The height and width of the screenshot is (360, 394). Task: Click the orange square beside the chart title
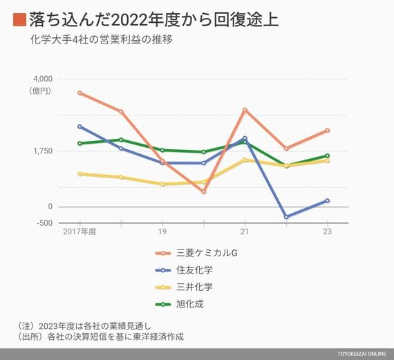click(x=19, y=19)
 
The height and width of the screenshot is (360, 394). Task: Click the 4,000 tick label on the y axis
click(x=43, y=79)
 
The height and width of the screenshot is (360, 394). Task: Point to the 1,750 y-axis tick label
click(x=43, y=151)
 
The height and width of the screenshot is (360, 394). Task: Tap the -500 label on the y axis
click(x=45, y=222)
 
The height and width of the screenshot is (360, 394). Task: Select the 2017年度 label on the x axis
click(x=79, y=231)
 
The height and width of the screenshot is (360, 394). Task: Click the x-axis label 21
click(x=245, y=231)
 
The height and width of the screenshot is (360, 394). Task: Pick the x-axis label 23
click(x=328, y=231)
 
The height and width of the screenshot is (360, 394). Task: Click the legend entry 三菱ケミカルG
click(x=196, y=253)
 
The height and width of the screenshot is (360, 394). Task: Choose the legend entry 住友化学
click(x=184, y=270)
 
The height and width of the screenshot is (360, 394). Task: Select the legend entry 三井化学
click(x=184, y=287)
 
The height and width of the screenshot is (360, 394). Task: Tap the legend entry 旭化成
click(x=180, y=304)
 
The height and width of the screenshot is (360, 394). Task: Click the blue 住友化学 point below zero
click(x=286, y=217)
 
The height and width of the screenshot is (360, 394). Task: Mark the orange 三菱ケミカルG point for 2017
click(x=79, y=93)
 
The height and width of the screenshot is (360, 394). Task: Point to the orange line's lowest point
click(x=204, y=192)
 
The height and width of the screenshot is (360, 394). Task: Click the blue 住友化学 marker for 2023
click(x=328, y=200)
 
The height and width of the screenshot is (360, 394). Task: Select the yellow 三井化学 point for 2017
click(x=79, y=174)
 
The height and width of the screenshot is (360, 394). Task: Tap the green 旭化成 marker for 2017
click(x=79, y=144)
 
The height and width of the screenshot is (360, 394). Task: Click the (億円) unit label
click(x=39, y=91)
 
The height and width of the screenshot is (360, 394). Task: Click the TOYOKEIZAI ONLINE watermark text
click(x=362, y=354)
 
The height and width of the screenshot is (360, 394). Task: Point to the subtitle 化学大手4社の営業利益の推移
click(x=101, y=39)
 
